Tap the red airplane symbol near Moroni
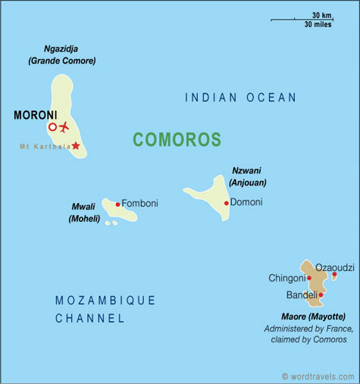tap(64, 126)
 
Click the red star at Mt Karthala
tap(75, 145)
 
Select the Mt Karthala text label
tap(45, 146)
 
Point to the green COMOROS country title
tap(177, 139)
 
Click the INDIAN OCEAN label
tap(240, 97)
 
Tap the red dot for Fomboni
tap(117, 204)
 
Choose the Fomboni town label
tap(139, 203)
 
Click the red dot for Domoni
tap(226, 203)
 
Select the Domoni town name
tap(246, 202)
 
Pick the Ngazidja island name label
tap(61, 48)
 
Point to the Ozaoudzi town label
tap(334, 267)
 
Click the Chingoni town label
tap(286, 278)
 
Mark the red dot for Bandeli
tap(321, 295)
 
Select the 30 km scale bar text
tap(321, 14)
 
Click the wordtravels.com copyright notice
tap(318, 376)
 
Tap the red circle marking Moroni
tap(52, 127)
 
